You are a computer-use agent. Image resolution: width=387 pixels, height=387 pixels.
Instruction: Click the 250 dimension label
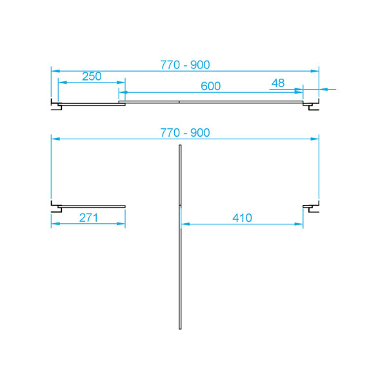(92, 76)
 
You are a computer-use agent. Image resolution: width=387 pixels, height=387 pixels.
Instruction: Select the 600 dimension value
(210, 86)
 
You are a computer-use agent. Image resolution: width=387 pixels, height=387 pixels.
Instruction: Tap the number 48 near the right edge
(278, 83)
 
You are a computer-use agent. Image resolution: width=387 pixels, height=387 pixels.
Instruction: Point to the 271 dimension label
(88, 218)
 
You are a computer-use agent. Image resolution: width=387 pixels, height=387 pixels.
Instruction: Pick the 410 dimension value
(241, 218)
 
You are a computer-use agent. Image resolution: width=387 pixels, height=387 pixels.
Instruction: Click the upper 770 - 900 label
(185, 64)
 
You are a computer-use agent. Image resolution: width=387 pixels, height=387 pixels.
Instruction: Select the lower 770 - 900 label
(185, 132)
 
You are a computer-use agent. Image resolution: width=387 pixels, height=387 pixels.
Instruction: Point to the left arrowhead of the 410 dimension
(185, 224)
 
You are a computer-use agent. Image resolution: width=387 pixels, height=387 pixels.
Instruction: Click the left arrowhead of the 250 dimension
(62, 82)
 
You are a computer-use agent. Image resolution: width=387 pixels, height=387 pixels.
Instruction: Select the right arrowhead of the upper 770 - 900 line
(315, 70)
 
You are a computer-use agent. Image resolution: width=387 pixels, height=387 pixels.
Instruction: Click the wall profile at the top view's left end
(55, 103)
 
